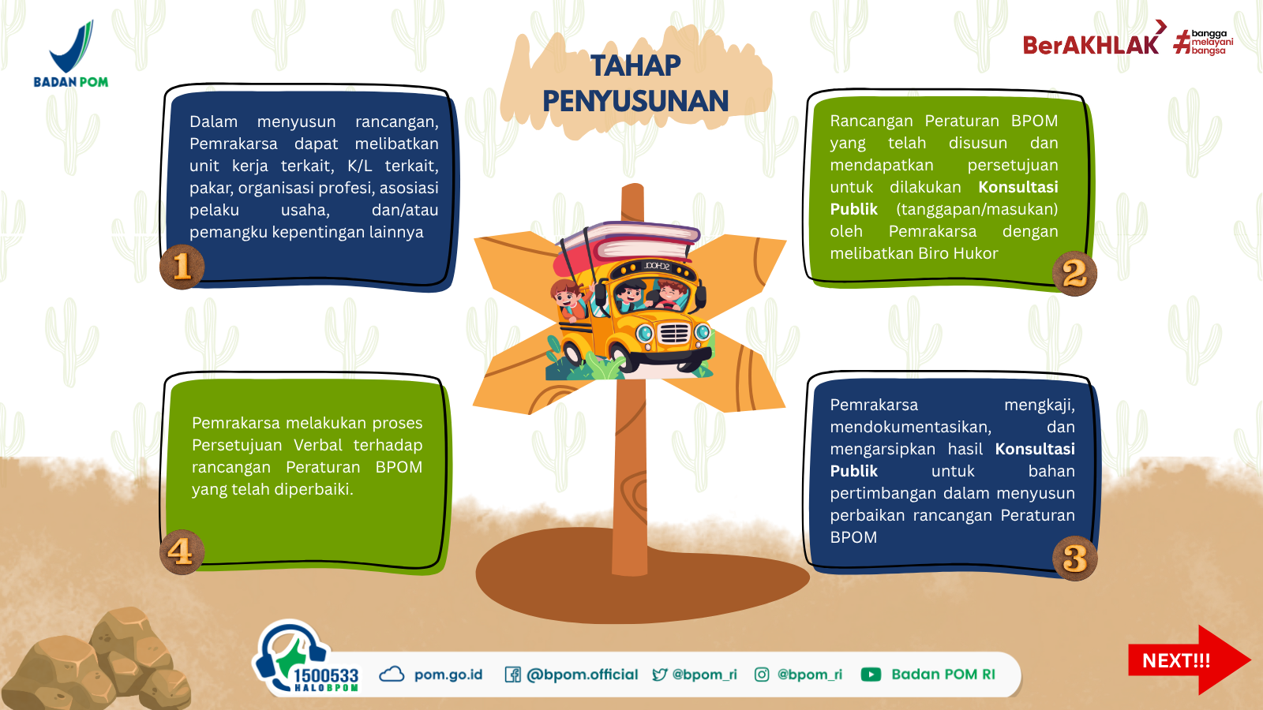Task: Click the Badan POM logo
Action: [71, 54]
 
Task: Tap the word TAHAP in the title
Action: [636, 66]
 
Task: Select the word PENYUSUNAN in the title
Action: [635, 102]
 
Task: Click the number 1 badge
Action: [182, 267]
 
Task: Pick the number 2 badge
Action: [1074, 273]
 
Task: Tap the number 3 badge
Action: [1074, 558]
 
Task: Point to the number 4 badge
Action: [182, 551]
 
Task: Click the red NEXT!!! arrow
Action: [1189, 660]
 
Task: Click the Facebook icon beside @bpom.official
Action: [512, 674]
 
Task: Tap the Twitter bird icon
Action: [660, 674]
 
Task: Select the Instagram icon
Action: [761, 674]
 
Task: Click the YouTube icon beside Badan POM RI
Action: [871, 674]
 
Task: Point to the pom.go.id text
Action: [448, 674]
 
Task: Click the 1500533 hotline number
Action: [326, 675]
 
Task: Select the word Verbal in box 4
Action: [317, 445]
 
